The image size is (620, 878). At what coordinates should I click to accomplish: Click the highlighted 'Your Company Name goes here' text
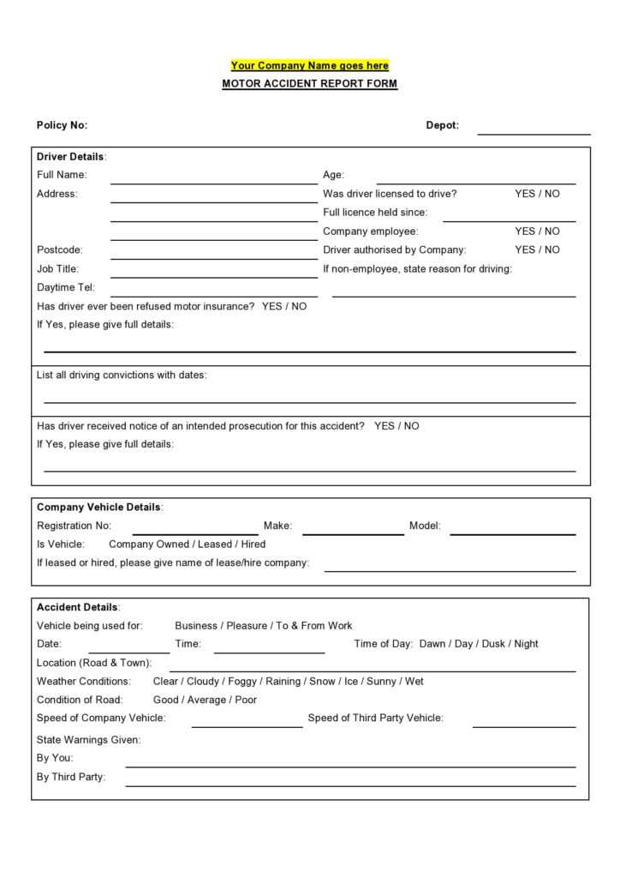pos(309,65)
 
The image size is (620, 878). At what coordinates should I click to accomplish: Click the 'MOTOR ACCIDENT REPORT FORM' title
pos(309,84)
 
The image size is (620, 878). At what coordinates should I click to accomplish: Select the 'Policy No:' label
pos(62,125)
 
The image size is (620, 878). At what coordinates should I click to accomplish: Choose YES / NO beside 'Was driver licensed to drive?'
pos(537,194)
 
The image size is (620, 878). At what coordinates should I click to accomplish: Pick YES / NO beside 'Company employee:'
pos(537,232)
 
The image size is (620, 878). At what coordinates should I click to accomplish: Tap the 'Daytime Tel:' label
pos(66,288)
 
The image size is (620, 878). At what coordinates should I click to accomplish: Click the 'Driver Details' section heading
pos(70,157)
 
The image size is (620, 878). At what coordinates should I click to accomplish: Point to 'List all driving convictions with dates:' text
pos(122,375)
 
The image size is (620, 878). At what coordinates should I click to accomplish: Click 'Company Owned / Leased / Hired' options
pos(187,544)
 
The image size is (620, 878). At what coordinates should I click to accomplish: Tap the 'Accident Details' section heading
pos(78,607)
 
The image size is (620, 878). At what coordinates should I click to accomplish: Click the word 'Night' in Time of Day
pos(526,644)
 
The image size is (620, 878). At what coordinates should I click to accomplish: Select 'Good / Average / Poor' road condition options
pos(205,700)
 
